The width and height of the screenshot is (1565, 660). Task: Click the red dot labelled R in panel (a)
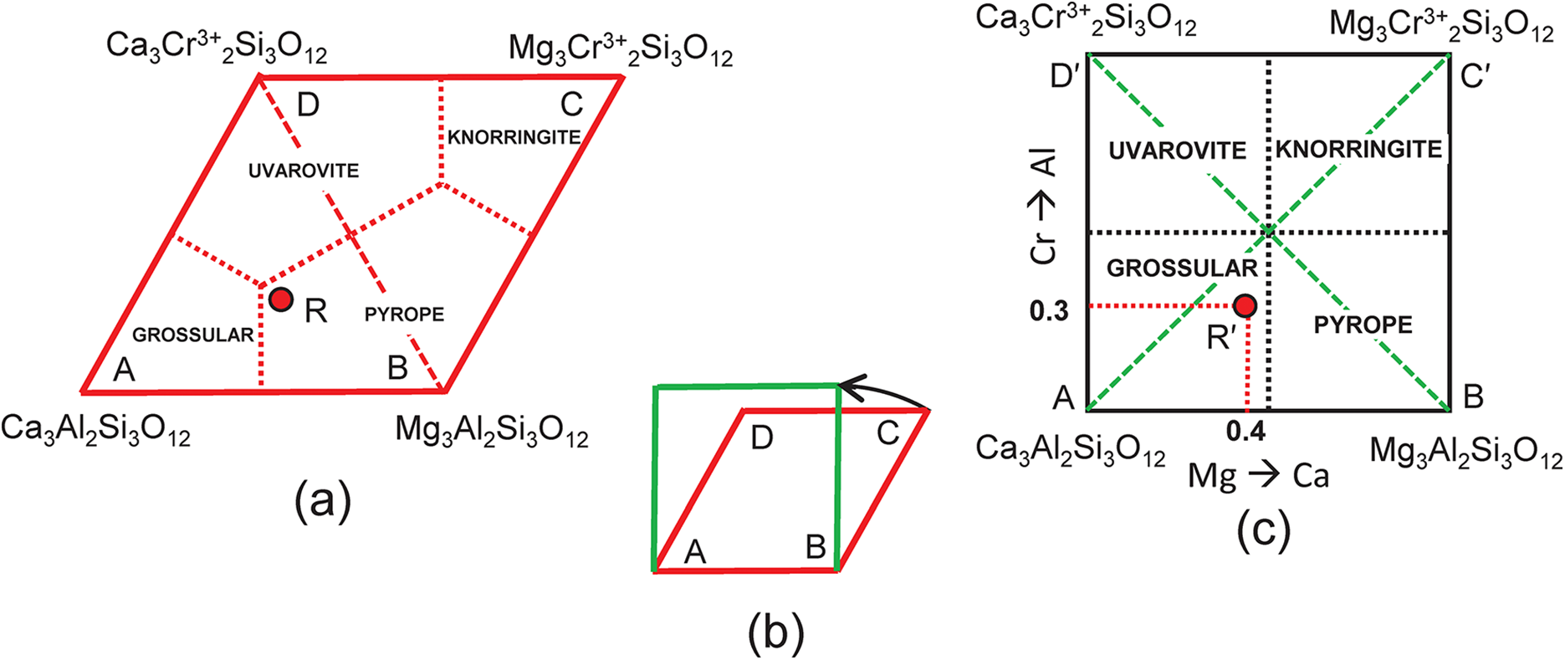(281, 299)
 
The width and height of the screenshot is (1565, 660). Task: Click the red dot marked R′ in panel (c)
(1245, 306)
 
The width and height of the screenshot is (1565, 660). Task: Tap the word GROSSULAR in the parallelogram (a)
(192, 335)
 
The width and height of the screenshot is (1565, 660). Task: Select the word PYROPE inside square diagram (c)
(1363, 325)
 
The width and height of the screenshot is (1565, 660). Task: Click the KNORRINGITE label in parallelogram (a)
(514, 137)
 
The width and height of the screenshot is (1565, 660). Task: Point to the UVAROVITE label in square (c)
(1177, 151)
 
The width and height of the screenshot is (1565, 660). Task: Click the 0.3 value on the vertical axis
(1049, 311)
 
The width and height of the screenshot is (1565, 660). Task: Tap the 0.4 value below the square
(1245, 432)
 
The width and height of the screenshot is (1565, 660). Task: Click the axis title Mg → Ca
(1259, 476)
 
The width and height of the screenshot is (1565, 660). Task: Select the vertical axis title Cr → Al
(1045, 207)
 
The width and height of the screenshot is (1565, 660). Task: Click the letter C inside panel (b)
(887, 433)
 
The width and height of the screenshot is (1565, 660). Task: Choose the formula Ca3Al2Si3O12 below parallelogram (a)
(95, 431)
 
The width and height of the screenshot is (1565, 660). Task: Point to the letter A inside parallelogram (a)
(124, 369)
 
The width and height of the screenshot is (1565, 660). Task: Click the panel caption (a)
(322, 501)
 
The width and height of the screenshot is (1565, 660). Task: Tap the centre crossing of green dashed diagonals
(1268, 232)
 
